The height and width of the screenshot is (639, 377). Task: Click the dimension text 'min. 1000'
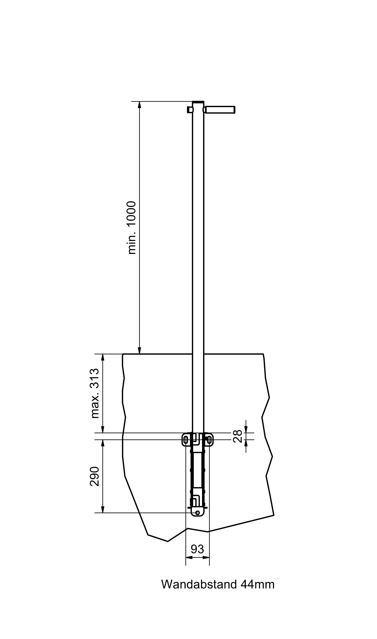tap(132, 228)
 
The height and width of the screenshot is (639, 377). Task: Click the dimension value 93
tap(197, 549)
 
